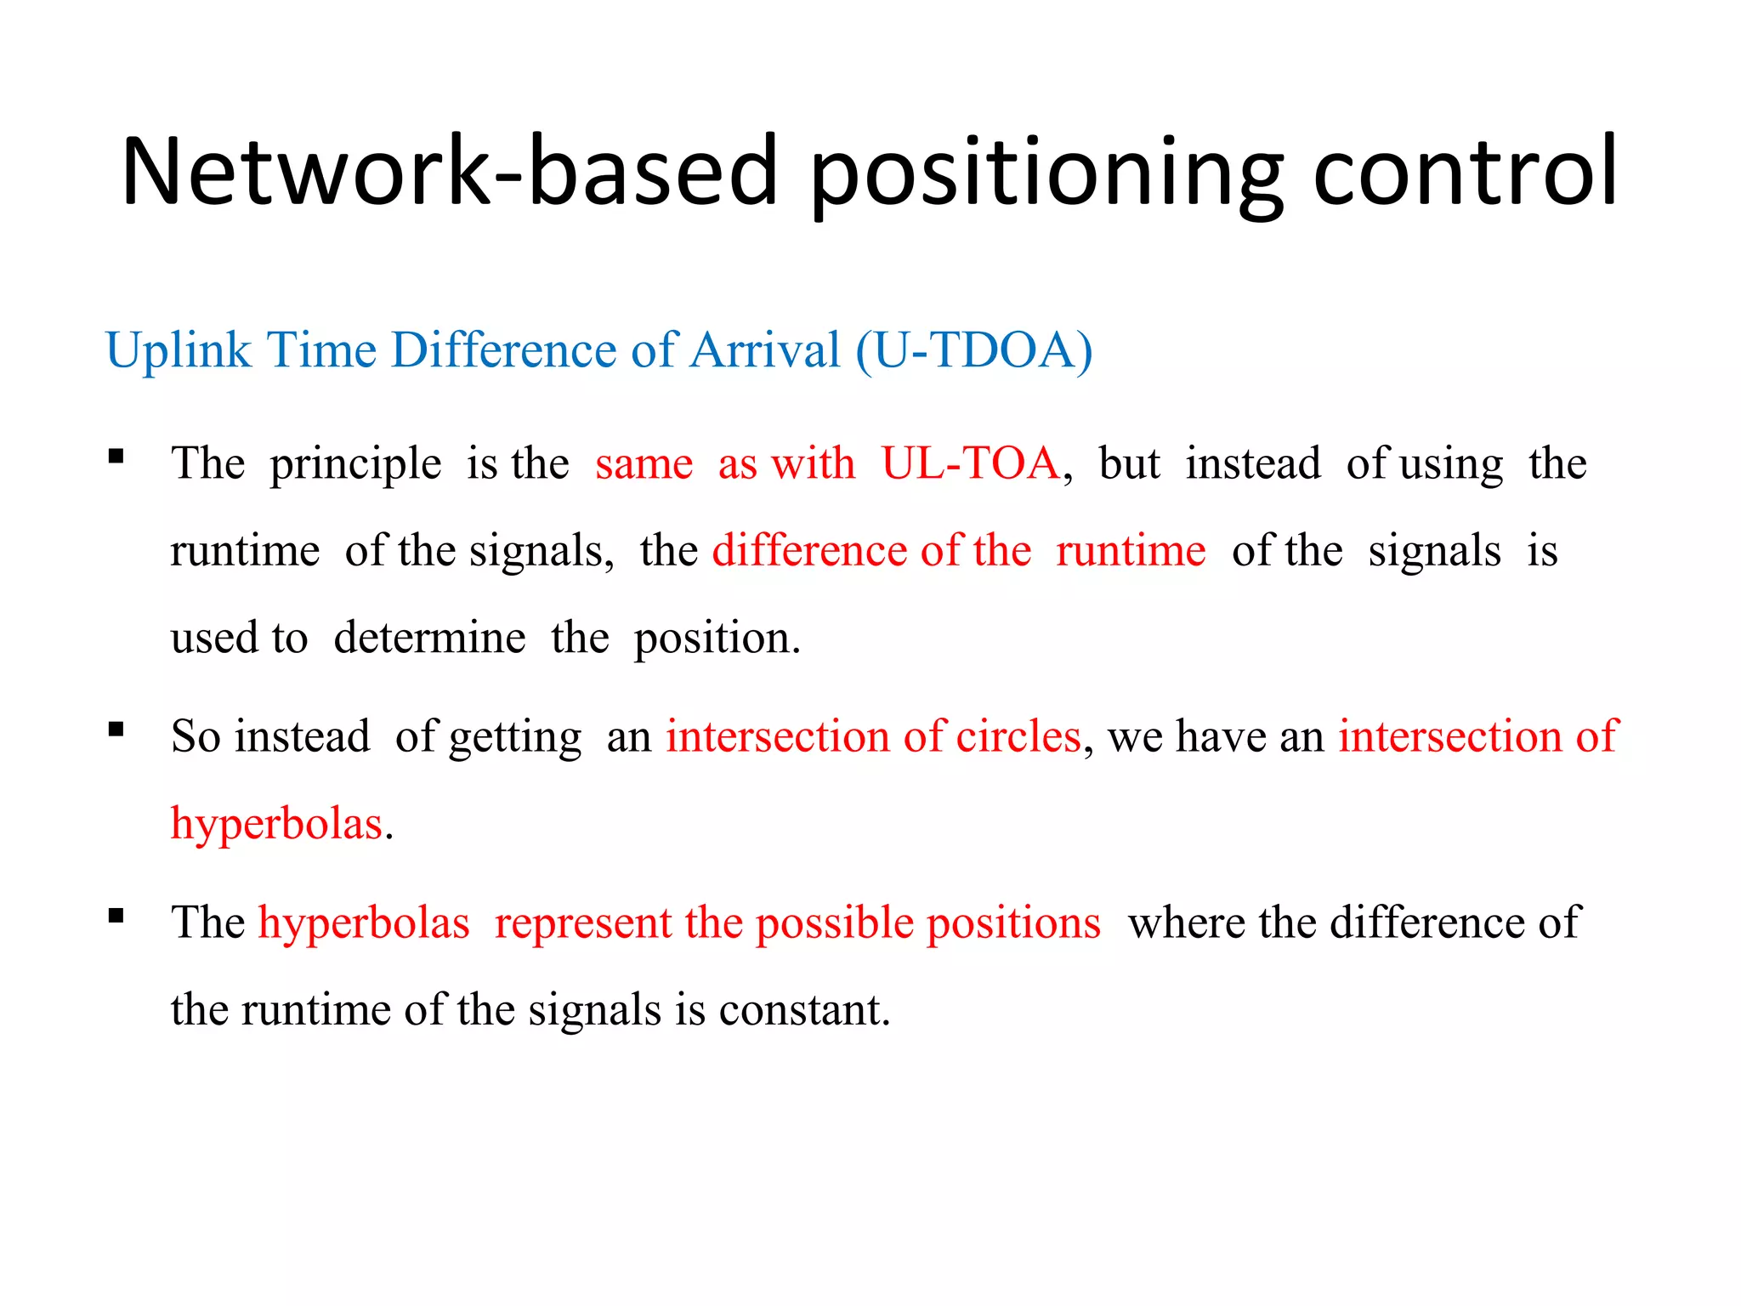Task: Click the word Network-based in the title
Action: (x=449, y=172)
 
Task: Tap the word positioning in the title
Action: (x=1046, y=172)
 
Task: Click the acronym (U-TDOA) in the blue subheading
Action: (x=974, y=350)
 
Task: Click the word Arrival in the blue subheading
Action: (x=764, y=350)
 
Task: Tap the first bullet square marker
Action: (x=116, y=457)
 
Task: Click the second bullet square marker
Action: (x=116, y=729)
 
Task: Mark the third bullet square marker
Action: (x=116, y=916)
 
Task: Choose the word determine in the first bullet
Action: (x=429, y=638)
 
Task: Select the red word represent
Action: (x=582, y=924)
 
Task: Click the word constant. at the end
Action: (x=804, y=1010)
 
